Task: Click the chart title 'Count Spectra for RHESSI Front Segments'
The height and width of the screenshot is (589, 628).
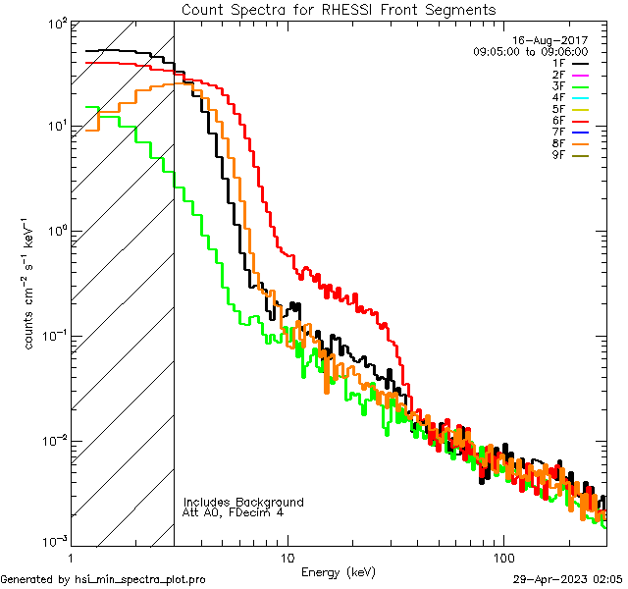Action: coord(339,9)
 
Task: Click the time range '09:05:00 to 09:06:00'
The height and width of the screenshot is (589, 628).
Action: coord(530,51)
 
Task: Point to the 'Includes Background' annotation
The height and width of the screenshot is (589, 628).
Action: coord(243,503)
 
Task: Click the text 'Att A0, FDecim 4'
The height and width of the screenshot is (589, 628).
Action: coord(234,513)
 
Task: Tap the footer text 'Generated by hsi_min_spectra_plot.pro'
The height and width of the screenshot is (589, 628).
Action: coord(103,579)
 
